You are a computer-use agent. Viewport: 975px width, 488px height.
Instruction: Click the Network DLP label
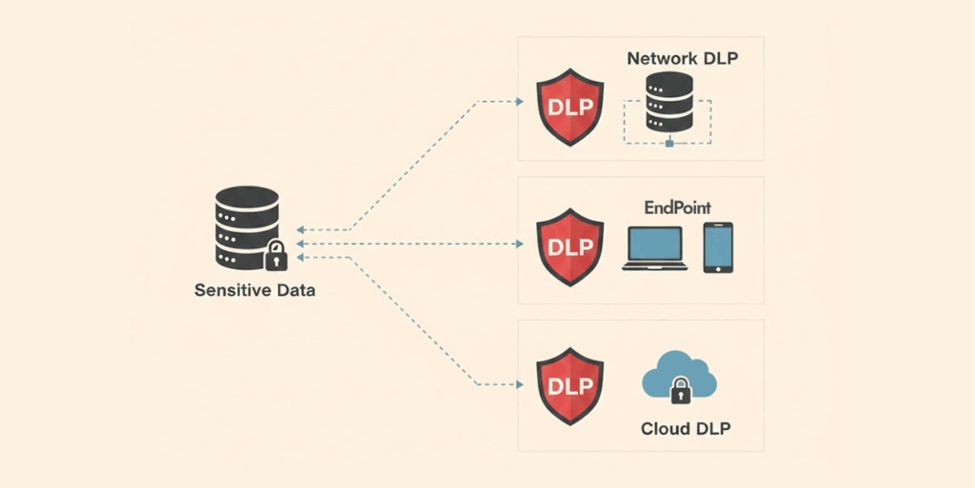[x=683, y=59]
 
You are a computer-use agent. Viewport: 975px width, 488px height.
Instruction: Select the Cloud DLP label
[x=686, y=429]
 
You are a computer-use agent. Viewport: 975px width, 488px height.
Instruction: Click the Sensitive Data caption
[x=254, y=290]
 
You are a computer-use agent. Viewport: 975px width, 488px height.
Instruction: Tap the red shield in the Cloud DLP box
[x=570, y=384]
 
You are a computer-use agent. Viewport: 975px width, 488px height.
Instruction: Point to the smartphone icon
[x=718, y=247]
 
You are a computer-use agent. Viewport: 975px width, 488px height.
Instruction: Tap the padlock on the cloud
[x=680, y=389]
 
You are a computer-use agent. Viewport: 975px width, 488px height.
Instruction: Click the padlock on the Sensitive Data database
[x=275, y=255]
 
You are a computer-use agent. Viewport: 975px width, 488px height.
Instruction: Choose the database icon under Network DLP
[x=669, y=103]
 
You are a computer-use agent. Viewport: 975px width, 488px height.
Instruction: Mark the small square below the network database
[x=669, y=144]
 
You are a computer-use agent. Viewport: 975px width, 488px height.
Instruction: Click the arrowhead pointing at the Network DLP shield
[x=520, y=101]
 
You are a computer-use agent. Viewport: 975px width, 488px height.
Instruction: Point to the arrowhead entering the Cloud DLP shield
[x=520, y=384]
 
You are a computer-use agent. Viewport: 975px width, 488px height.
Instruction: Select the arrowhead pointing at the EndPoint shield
[x=520, y=244]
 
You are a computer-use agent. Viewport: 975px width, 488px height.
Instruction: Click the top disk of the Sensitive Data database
[x=247, y=197]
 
